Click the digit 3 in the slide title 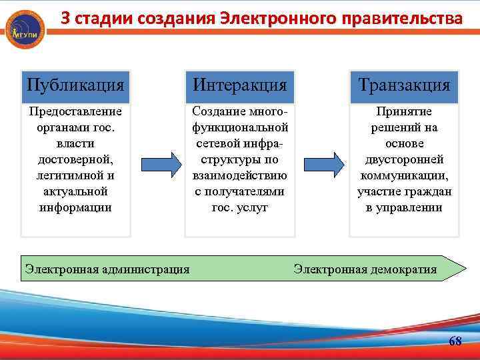65,19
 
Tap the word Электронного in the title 270,19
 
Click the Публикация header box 75,85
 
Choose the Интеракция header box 239,85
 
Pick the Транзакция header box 404,85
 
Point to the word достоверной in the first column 75,159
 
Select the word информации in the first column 75,207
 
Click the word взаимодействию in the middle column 239,175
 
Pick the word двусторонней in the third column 404,159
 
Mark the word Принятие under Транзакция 404,111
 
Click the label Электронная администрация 107,269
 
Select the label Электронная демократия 365,269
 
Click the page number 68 455,341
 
